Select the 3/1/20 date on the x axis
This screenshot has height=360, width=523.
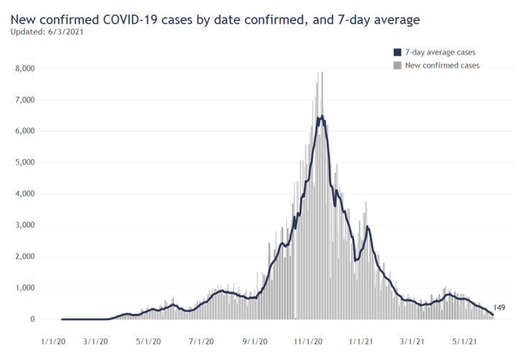[96, 342]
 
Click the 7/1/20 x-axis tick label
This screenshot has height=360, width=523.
[202, 342]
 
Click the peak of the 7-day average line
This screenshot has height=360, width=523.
[322, 116]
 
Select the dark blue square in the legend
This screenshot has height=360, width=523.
[397, 53]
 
